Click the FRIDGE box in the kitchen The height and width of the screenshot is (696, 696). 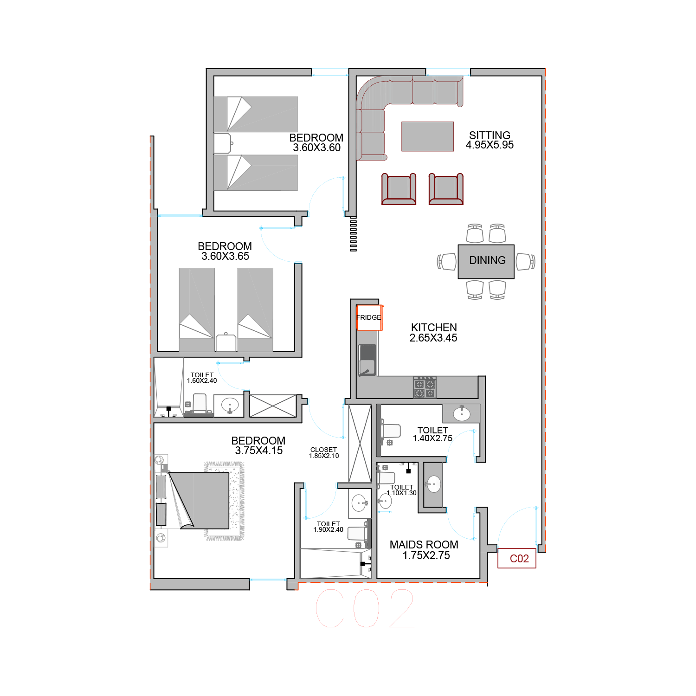tap(369, 317)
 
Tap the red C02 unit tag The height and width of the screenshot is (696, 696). tap(517, 558)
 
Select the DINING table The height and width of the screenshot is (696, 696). tap(486, 261)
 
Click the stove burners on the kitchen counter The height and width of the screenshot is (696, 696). tap(425, 387)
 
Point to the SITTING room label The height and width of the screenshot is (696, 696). tap(490, 135)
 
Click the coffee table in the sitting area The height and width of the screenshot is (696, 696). tap(427, 136)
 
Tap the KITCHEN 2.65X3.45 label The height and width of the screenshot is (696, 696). tap(433, 333)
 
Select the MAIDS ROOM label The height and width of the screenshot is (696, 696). tap(424, 544)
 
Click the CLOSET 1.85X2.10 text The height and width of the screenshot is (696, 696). tap(324, 453)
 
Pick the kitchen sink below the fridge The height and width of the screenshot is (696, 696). tap(367, 360)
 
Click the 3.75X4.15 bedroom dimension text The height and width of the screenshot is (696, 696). tap(259, 451)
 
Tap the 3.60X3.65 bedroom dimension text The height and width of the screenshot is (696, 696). tap(226, 256)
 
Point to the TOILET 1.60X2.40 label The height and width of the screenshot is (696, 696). tap(202, 378)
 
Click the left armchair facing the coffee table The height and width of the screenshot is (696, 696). tap(399, 188)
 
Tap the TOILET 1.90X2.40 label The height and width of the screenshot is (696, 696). tap(329, 527)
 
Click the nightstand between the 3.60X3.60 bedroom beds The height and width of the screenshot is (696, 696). tap(223, 144)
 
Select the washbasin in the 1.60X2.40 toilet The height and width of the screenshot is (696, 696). tap(230, 405)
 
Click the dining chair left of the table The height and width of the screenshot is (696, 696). tap(447, 261)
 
